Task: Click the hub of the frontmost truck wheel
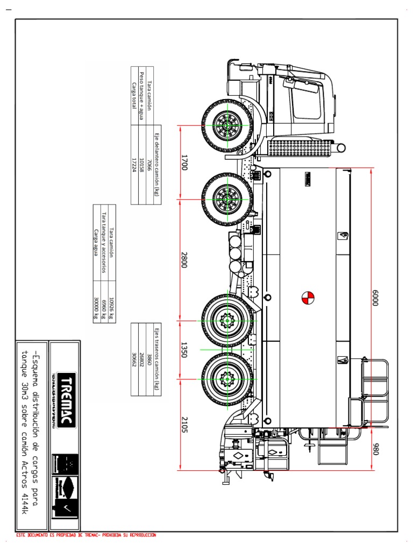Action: (227, 125)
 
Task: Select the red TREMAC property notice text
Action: (86, 535)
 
